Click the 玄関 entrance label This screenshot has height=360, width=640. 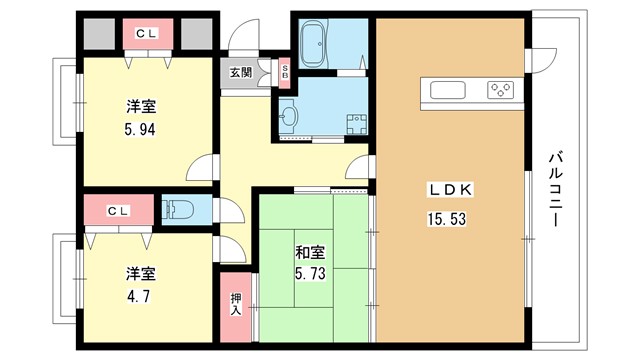241,73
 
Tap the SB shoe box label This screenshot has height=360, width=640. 284,72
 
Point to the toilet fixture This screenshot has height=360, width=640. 178,210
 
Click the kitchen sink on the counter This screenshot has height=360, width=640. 448,90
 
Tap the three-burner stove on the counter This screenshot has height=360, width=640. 500,90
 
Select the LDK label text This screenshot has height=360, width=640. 450,190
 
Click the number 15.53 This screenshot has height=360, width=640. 447,219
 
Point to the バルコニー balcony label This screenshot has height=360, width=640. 556,189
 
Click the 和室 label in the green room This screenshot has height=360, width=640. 310,253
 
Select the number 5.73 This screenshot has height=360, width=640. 310,273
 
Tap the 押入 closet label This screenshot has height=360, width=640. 236,304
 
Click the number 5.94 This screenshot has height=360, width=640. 140,130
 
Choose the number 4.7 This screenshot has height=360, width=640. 139,296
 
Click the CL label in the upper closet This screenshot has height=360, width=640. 146,34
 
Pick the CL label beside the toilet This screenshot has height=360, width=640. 118,211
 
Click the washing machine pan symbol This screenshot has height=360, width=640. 357,124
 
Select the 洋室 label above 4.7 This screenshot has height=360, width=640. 140,273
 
